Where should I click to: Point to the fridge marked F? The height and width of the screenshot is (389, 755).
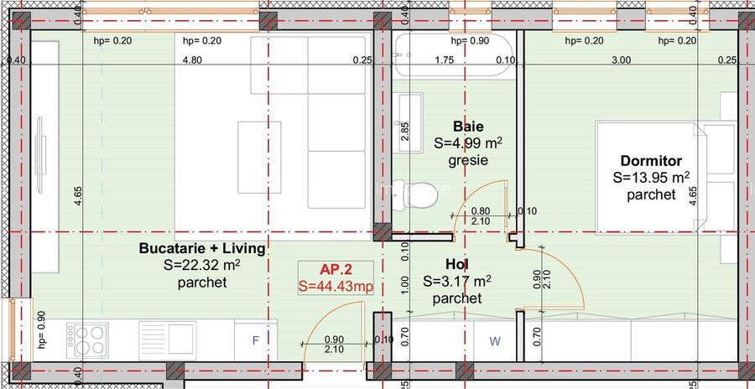click(x=256, y=340)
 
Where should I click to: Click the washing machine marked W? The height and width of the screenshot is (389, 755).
click(x=494, y=340)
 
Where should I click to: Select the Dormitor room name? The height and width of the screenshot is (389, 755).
click(x=651, y=160)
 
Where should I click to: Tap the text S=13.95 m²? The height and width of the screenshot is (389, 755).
click(x=651, y=178)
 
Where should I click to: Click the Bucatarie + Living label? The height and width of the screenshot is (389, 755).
click(x=202, y=249)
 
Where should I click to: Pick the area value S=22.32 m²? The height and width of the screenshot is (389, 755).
click(x=202, y=266)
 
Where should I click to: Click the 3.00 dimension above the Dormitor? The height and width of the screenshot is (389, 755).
click(x=621, y=60)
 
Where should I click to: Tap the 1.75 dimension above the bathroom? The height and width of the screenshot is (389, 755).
click(x=445, y=60)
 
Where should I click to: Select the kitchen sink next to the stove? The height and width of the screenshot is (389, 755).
click(x=168, y=340)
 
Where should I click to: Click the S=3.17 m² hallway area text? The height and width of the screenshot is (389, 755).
click(x=457, y=282)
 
